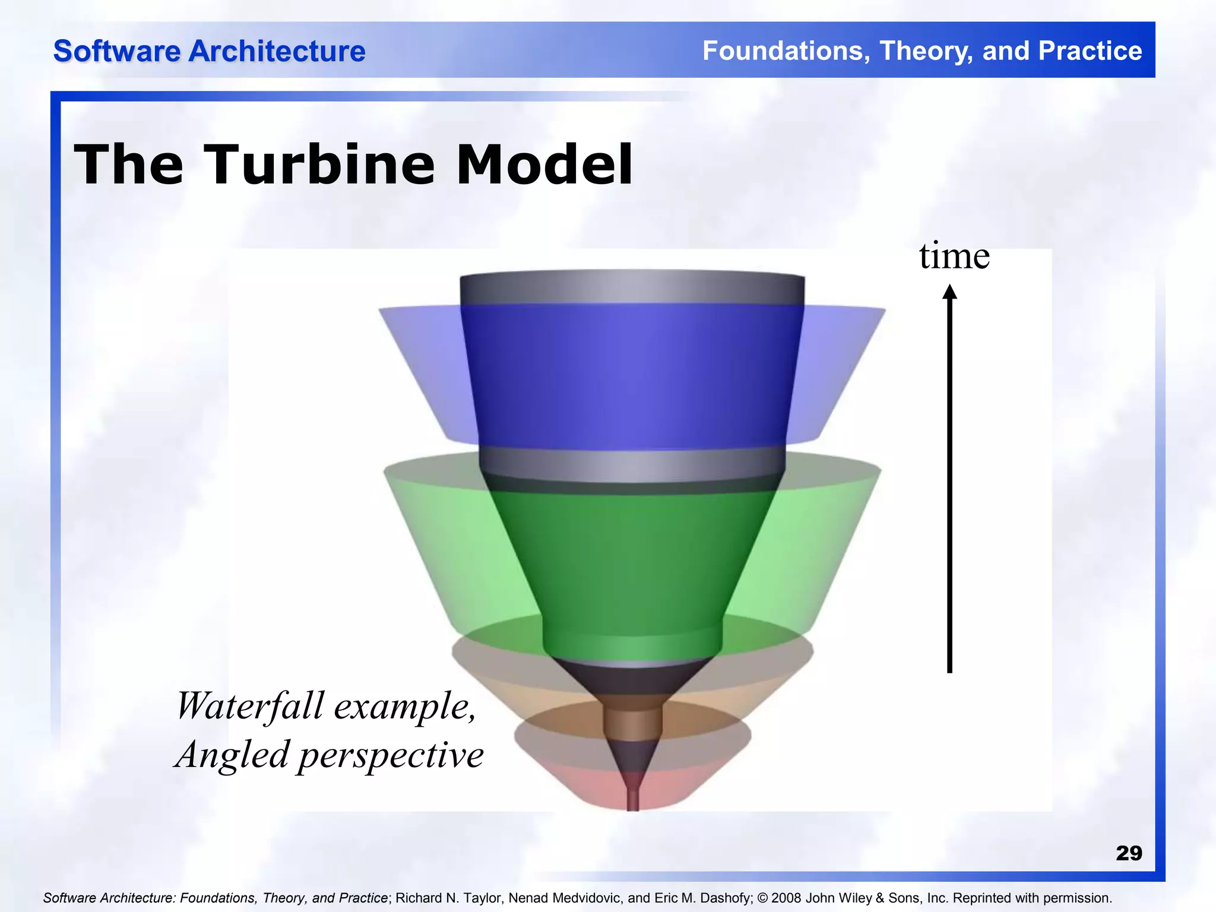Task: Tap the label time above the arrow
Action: point(954,256)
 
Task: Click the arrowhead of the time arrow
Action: point(950,292)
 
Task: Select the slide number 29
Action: point(1129,853)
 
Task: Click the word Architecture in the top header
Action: point(277,51)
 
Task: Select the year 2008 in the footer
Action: point(787,898)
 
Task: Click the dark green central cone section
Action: point(632,564)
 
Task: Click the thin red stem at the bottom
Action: point(633,799)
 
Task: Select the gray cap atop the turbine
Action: point(632,288)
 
